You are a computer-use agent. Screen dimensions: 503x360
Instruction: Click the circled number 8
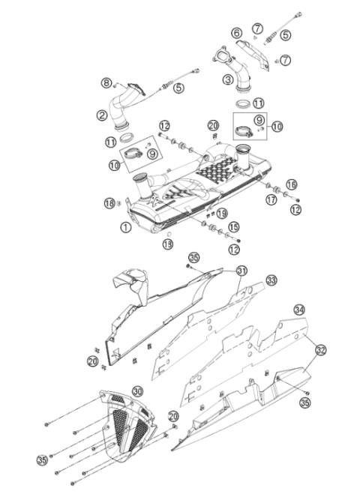(x=107, y=82)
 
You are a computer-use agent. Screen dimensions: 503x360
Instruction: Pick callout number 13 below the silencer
(x=168, y=244)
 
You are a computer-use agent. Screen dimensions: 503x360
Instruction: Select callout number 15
(x=233, y=226)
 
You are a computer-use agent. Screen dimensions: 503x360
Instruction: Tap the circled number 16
(x=292, y=184)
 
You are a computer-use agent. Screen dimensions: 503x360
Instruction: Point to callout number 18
(x=109, y=203)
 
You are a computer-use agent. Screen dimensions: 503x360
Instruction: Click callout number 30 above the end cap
(x=137, y=391)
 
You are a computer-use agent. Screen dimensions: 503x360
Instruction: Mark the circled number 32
(x=320, y=350)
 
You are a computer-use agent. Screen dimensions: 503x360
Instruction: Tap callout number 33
(x=271, y=280)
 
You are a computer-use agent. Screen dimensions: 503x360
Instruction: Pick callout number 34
(x=299, y=310)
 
